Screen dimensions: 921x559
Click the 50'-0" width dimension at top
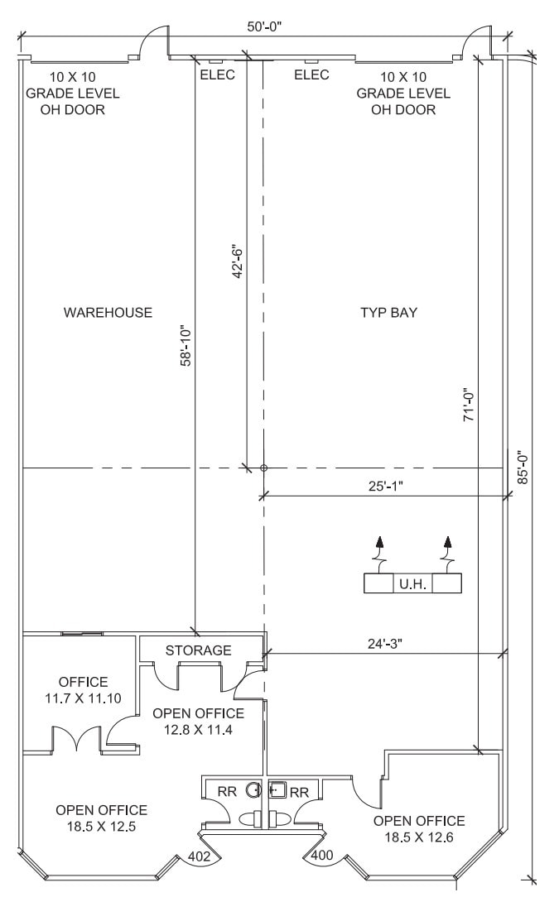265,26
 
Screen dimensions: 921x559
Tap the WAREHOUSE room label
108,312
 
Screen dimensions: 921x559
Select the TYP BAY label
388,312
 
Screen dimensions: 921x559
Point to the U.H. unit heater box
412,583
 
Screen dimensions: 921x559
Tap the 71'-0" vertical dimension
468,405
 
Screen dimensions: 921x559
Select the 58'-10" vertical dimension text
186,345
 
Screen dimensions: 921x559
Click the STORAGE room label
199,650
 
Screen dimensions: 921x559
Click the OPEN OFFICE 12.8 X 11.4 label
197,721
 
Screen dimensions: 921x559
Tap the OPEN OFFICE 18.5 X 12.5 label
102,818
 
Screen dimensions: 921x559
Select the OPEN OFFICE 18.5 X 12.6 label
419,828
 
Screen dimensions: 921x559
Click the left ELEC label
218,74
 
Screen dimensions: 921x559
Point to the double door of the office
76,739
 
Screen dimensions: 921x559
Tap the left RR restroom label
227,792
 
